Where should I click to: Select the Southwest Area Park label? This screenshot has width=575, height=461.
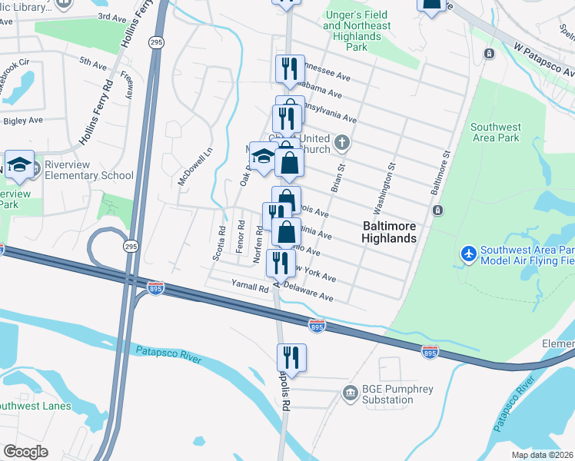coord(495,133)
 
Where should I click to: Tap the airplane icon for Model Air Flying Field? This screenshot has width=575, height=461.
coord(467,253)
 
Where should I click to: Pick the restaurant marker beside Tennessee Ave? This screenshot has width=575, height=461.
coord(290,68)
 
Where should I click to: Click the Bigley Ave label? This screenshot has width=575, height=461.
coord(23,121)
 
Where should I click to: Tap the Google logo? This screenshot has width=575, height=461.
coord(25,452)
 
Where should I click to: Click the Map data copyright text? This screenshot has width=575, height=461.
coord(543,455)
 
